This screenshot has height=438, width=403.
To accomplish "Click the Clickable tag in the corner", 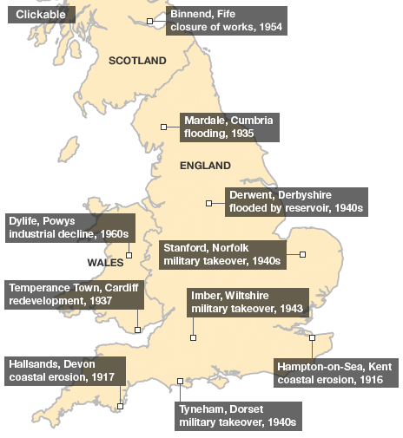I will (40, 14).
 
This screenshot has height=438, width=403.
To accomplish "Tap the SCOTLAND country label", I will (137, 61).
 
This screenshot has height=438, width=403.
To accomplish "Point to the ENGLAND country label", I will (205, 165).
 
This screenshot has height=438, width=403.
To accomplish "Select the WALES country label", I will (107, 262).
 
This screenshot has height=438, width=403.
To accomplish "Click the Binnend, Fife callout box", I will (226, 20).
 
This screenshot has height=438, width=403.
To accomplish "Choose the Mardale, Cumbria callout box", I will (229, 127).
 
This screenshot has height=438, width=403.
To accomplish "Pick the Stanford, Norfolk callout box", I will (223, 253).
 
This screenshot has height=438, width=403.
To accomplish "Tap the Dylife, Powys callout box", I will (69, 227).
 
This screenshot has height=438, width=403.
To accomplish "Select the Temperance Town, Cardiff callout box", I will (75, 294).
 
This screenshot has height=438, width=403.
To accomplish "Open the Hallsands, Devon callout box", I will (65, 369).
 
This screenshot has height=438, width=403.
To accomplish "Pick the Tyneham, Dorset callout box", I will (237, 415).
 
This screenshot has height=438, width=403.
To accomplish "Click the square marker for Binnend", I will (150, 21).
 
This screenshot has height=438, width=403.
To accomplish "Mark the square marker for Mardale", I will (164, 127).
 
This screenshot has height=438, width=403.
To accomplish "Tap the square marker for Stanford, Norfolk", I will (303, 254).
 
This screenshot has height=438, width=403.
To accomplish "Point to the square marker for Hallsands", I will (121, 405).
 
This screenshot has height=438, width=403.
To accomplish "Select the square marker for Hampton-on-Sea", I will (312, 337).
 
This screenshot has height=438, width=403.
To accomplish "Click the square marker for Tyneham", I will (180, 381).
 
